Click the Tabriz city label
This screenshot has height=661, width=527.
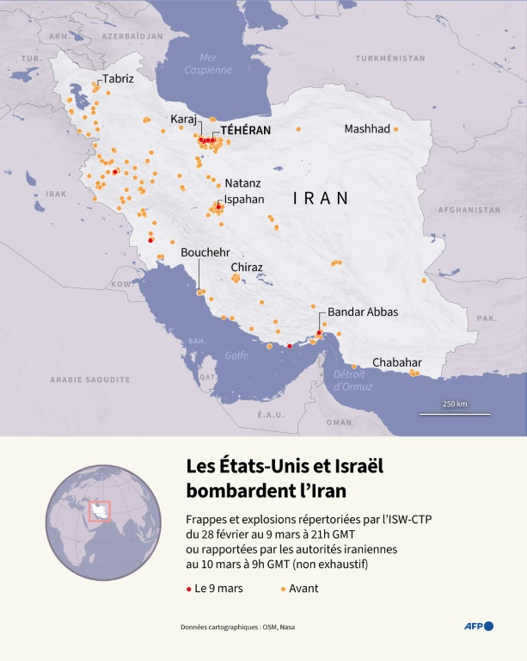[x=119, y=78]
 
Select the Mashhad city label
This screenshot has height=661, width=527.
[x=367, y=129]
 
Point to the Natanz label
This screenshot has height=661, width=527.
[x=242, y=183]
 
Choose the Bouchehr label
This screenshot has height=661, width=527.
[x=205, y=252]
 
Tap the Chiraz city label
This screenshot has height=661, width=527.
[x=247, y=268]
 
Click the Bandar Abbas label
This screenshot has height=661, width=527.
[x=363, y=312]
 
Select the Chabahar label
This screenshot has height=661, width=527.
[x=396, y=362]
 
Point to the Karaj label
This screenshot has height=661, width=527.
[x=184, y=118]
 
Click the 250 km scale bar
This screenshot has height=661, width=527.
[x=455, y=413]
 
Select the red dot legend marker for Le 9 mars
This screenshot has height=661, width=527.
[x=189, y=589]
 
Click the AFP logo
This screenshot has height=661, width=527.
[x=479, y=626]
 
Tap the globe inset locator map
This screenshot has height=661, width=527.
[x=103, y=522]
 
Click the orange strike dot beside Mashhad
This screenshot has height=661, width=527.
[x=396, y=129]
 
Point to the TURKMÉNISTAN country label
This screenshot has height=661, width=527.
[x=392, y=58]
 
